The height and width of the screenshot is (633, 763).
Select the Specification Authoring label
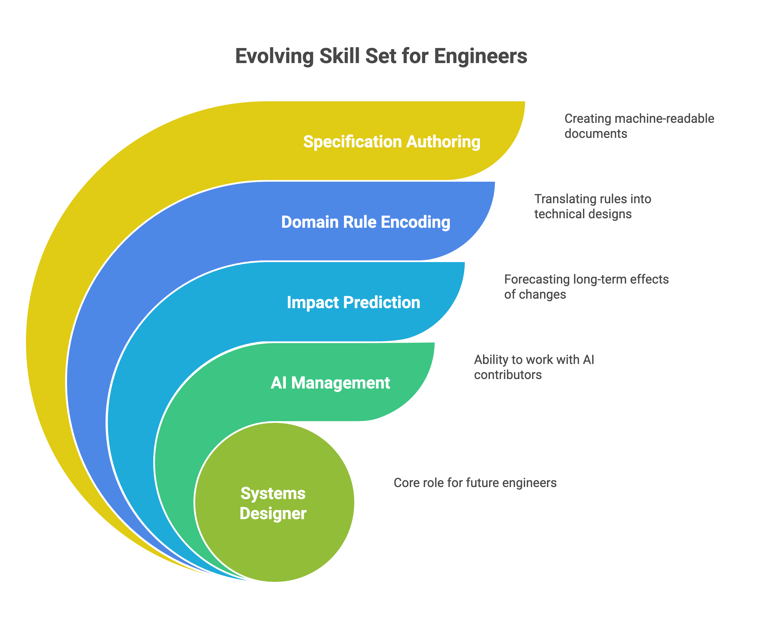(392, 142)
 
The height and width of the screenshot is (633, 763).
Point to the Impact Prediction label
(353, 303)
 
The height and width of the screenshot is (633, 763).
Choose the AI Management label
(330, 383)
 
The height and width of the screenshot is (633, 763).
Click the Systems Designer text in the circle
(273, 503)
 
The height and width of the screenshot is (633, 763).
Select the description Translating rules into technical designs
(592, 206)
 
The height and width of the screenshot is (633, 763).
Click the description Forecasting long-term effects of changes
(586, 287)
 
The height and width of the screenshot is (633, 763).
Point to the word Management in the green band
(340, 383)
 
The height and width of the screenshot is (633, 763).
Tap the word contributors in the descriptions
(508, 375)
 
